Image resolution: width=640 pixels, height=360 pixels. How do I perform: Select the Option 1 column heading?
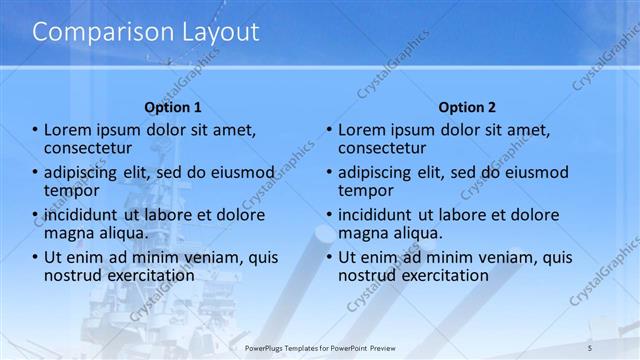(173, 107)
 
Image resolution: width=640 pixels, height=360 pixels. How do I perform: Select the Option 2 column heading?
(467, 107)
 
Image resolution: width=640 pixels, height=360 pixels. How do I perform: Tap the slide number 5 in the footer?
(590, 347)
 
